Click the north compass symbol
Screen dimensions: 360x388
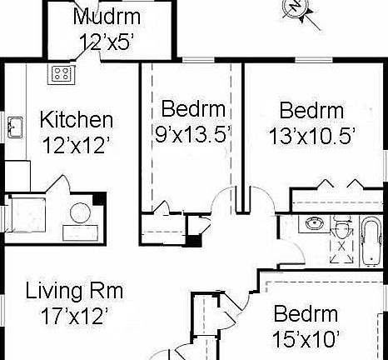pos(297,7)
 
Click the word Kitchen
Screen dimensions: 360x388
pos(77,119)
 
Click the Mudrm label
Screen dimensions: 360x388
pos(107,17)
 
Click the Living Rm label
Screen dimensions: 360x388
pos(74,292)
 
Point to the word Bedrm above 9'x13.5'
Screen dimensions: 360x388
pos(192,108)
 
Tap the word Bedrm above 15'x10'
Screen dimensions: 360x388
pos(306,315)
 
